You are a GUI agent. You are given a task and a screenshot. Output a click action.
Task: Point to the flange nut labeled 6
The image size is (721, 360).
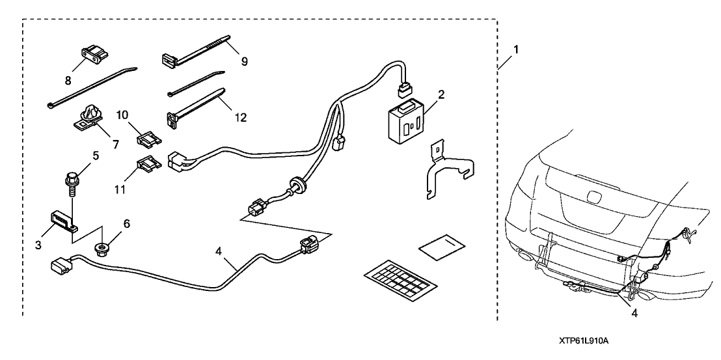click(x=103, y=248)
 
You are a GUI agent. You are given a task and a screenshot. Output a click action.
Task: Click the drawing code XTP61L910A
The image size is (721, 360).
click(x=588, y=341)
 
